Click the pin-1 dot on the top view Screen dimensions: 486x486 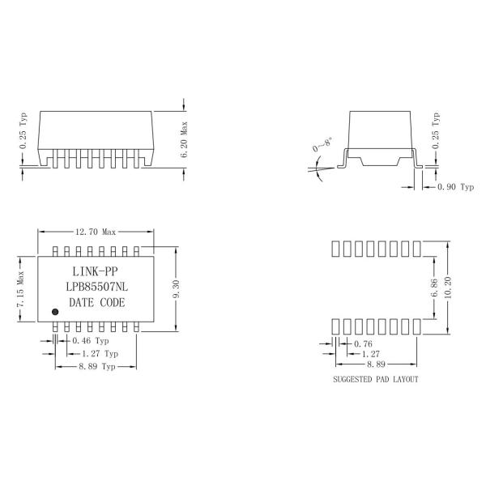[55, 312]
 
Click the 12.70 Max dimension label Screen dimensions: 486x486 [96, 232]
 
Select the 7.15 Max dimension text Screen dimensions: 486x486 [20, 289]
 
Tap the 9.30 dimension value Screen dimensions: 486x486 [176, 289]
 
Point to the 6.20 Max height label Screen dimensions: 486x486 [184, 139]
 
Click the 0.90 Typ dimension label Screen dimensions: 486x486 [455, 187]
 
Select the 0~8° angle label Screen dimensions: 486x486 [322, 144]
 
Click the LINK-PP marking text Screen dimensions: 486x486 [95, 271]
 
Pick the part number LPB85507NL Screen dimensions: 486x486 [96, 287]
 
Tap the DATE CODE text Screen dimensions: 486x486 [97, 302]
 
